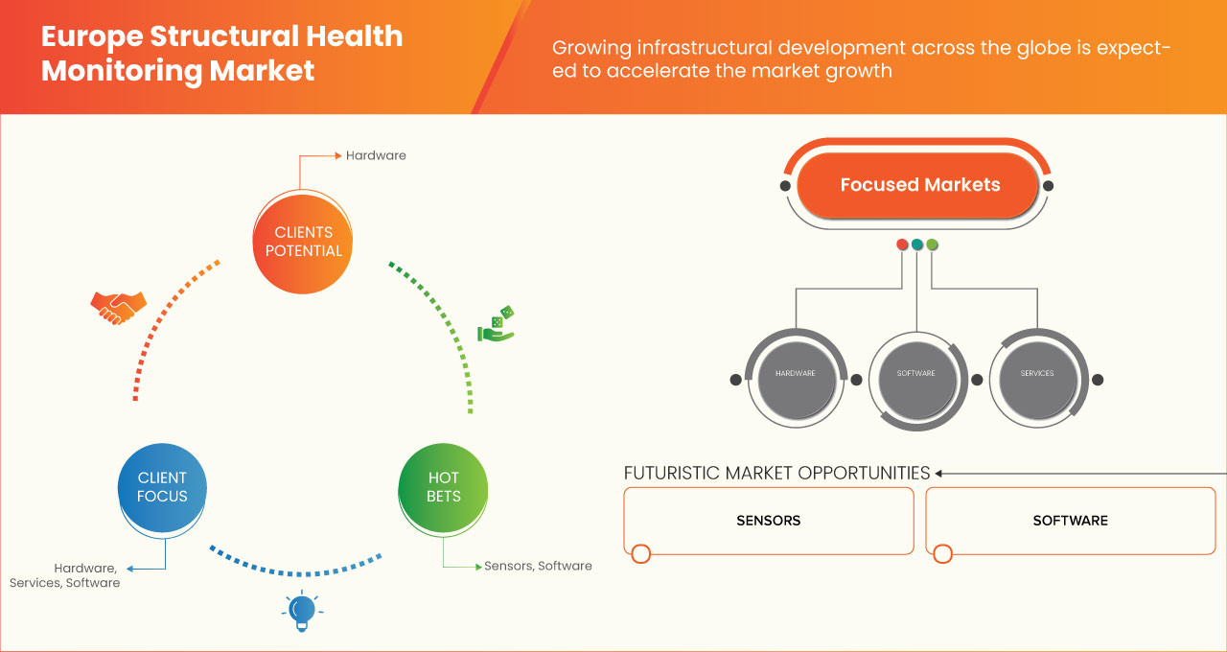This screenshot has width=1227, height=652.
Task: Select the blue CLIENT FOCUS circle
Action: (162, 487)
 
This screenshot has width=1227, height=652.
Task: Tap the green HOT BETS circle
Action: (443, 487)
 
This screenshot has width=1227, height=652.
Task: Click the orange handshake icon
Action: (118, 307)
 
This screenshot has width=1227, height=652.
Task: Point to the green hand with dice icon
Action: (497, 325)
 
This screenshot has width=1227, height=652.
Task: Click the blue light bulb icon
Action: (302, 611)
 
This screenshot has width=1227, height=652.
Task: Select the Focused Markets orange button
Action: (919, 185)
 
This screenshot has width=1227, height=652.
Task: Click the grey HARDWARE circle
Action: (795, 373)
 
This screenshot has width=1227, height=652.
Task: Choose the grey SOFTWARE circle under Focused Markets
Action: (915, 373)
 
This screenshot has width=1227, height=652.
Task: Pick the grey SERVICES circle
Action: (1037, 373)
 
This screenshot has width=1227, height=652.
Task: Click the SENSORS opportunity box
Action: (768, 521)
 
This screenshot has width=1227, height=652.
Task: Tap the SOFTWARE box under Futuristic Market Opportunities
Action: (1070, 521)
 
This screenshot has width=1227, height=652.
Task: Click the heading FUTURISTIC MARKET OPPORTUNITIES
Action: (776, 473)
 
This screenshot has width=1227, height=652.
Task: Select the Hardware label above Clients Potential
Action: (376, 155)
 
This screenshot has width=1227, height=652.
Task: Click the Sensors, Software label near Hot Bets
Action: (538, 566)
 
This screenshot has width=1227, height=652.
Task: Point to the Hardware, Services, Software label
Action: (65, 575)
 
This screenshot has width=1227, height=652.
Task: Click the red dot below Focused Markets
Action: (902, 244)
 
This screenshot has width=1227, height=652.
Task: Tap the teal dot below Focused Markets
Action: (917, 244)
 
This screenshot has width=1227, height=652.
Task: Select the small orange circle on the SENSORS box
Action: (641, 553)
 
